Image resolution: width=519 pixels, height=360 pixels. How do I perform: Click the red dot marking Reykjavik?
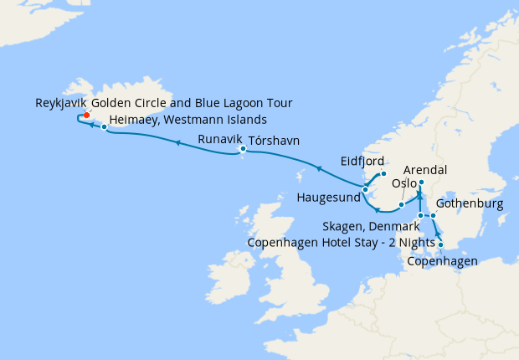(86, 116)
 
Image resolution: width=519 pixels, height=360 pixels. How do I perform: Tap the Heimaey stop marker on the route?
(104, 127)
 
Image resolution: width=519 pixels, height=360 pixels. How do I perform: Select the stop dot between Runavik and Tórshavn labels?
(243, 150)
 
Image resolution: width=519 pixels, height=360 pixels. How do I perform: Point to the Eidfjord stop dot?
(383, 174)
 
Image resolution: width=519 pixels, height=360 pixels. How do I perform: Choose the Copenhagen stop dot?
(441, 245)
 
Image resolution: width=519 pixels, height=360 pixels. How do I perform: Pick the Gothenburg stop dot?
(433, 217)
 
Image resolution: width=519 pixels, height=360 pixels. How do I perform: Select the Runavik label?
(219, 140)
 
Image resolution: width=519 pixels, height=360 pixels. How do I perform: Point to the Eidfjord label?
(362, 161)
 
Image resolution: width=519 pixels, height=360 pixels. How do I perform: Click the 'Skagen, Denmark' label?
(371, 227)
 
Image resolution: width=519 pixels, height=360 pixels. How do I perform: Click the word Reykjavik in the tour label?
(60, 104)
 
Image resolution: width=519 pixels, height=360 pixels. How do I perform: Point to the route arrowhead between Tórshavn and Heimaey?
(177, 143)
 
